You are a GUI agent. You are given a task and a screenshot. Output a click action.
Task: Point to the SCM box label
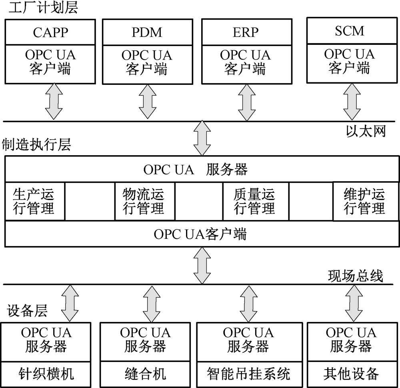click(350, 31)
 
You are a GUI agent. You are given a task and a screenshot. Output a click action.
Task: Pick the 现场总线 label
click(356, 276)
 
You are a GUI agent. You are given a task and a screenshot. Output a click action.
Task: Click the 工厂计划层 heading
click(40, 8)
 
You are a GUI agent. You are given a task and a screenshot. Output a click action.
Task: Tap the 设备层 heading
click(27, 310)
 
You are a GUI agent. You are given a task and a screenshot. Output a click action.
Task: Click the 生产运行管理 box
click(34, 201)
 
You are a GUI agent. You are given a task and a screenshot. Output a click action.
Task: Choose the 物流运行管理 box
click(144, 201)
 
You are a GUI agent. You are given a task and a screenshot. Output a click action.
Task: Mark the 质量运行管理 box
click(255, 201)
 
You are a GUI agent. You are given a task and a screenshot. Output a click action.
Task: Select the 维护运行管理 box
click(365, 201)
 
